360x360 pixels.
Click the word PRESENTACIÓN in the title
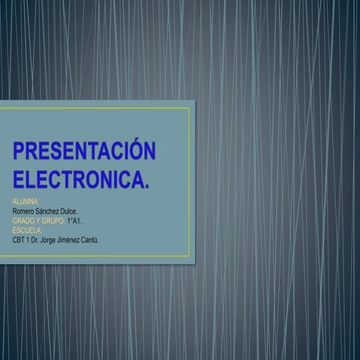[85, 150]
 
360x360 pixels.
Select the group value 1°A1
[74, 222]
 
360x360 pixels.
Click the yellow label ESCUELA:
[28, 230]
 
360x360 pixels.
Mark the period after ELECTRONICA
[145, 185]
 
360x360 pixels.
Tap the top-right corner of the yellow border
[189, 107]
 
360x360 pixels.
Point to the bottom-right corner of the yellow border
[189, 256]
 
